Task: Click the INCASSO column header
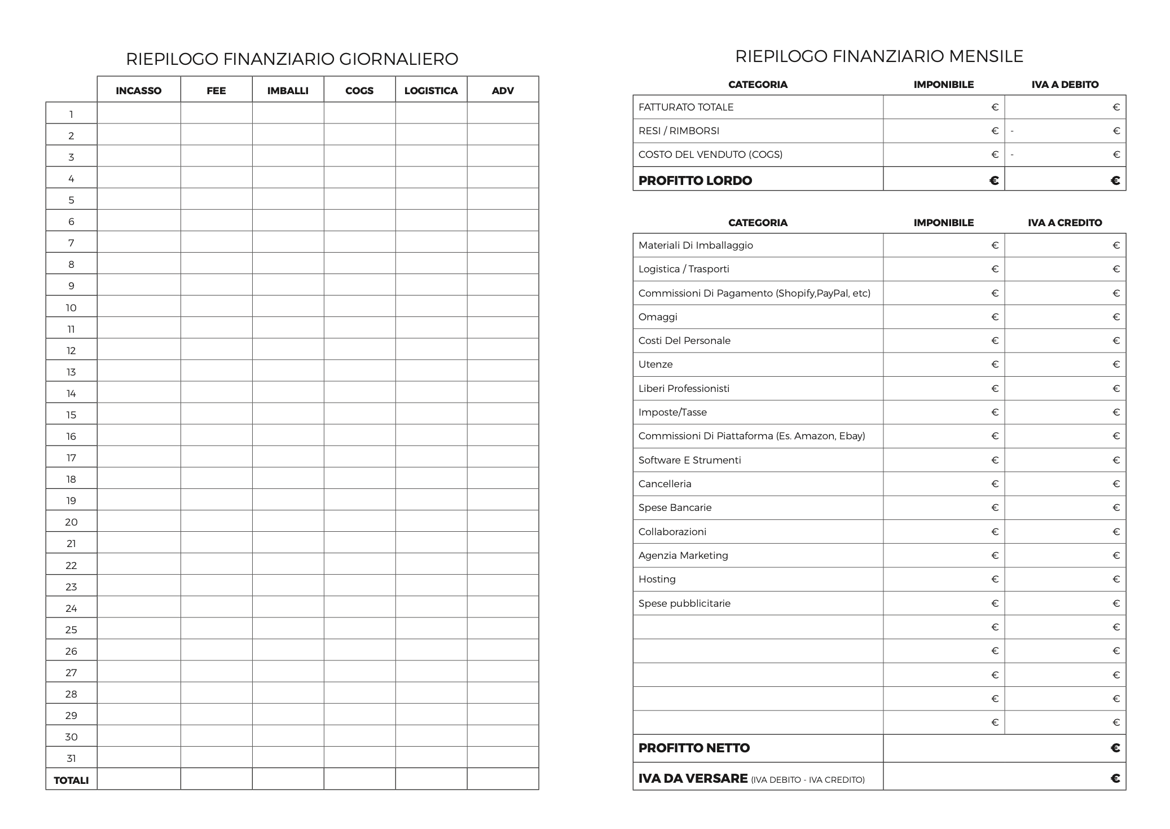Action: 138,90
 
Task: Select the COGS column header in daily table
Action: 359,90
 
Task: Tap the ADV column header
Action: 503,90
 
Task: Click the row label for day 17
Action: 71,458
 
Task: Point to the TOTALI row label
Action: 71,780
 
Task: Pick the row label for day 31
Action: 71,759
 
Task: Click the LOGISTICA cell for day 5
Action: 431,200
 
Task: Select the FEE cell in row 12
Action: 216,350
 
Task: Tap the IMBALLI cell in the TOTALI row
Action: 288,779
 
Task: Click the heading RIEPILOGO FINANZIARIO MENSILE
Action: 879,56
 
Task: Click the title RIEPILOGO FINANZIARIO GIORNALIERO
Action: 292,59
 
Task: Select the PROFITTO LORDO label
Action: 695,180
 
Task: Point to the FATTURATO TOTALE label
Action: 686,107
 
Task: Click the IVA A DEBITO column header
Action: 1065,85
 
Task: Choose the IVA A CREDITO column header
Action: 1065,223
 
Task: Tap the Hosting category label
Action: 657,579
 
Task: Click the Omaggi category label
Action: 658,317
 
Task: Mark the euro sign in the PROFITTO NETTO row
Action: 1115,748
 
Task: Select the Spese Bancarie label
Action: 675,508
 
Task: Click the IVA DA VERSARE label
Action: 693,778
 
